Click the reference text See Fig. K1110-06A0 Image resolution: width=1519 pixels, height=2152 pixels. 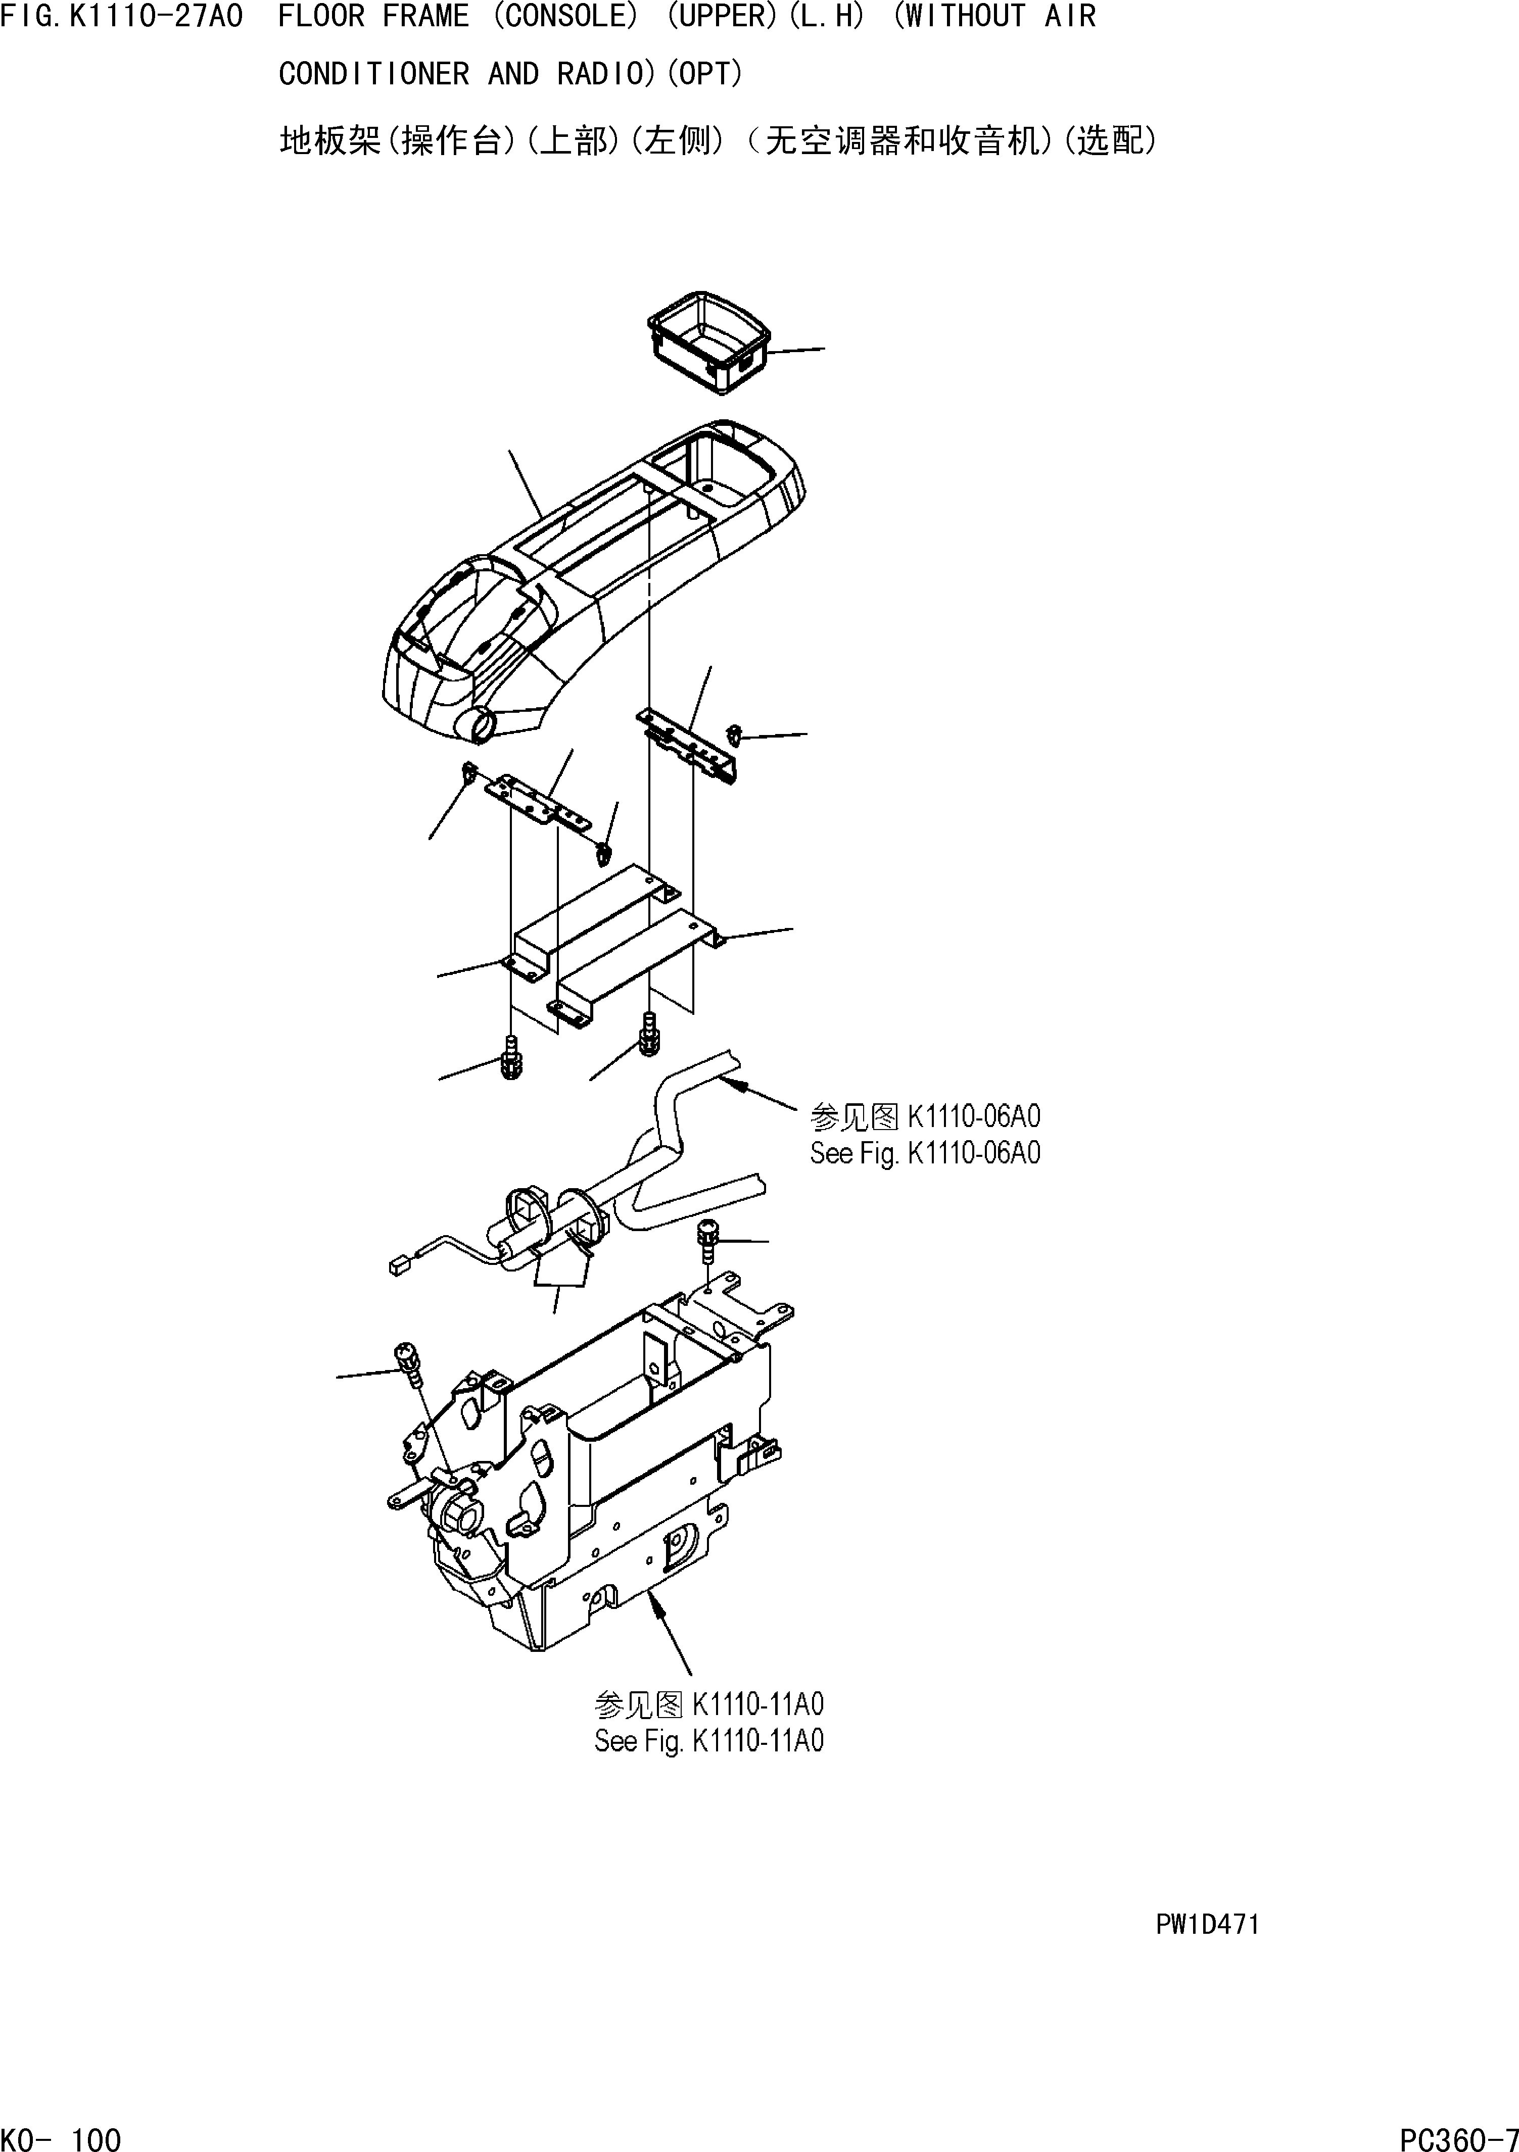point(925,1153)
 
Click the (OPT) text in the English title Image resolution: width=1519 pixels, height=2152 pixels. point(703,74)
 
